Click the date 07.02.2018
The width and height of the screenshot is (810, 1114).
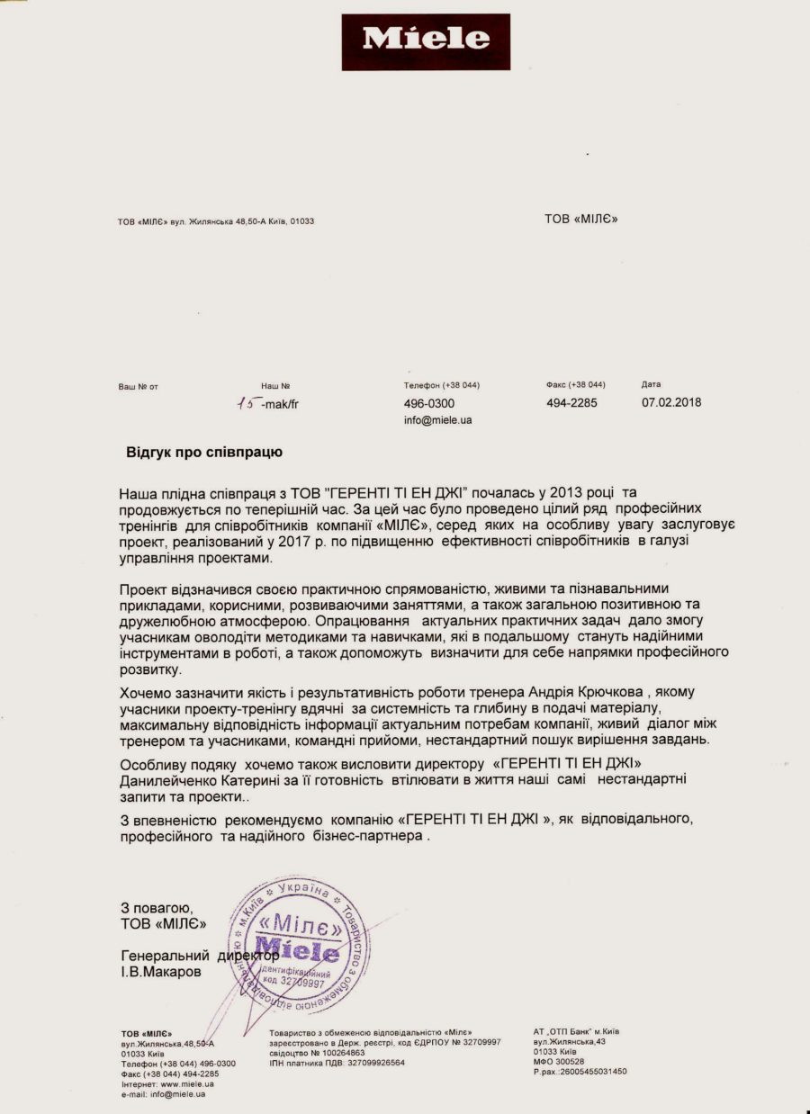pos(671,403)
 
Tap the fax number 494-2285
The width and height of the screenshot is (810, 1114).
pos(571,403)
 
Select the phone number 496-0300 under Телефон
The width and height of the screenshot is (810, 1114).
pos(429,404)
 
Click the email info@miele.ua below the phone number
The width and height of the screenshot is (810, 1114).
pos(438,420)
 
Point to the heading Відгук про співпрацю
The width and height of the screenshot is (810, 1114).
pos(204,453)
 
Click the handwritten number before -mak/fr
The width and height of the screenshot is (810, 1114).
pos(245,404)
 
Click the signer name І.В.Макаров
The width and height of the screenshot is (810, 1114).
pos(162,973)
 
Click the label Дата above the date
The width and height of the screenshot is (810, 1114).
pos(651,385)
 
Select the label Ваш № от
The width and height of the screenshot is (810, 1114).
pos(138,387)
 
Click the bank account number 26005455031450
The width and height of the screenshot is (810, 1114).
pos(590,1072)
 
